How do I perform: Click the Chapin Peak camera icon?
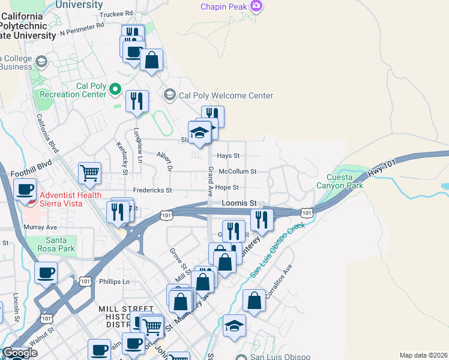click(x=257, y=6)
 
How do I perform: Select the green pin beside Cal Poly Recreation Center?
click(x=114, y=90)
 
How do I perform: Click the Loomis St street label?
click(x=239, y=203)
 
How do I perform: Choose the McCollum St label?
click(x=238, y=172)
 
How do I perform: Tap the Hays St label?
click(x=228, y=155)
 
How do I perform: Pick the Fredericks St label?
click(x=152, y=190)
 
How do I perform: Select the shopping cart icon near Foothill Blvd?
click(x=89, y=173)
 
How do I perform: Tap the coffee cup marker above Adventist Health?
click(x=25, y=190)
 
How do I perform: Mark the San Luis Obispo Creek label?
click(x=278, y=250)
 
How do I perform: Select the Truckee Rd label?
click(x=116, y=13)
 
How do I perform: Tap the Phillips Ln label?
click(x=114, y=281)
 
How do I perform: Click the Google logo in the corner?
click(x=20, y=353)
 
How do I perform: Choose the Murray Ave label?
click(x=40, y=227)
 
